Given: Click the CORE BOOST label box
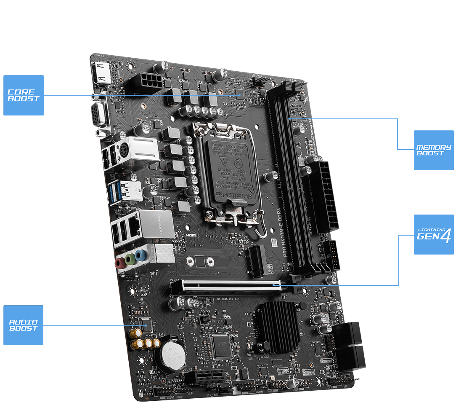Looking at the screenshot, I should click(x=24, y=95).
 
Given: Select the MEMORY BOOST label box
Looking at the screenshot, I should click(x=434, y=150).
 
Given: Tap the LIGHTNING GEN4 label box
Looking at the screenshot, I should click(x=434, y=234).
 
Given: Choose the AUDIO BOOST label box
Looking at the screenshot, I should click(x=24, y=325).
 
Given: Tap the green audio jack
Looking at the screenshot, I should click(x=131, y=258).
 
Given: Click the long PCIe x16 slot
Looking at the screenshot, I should click(x=229, y=286).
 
